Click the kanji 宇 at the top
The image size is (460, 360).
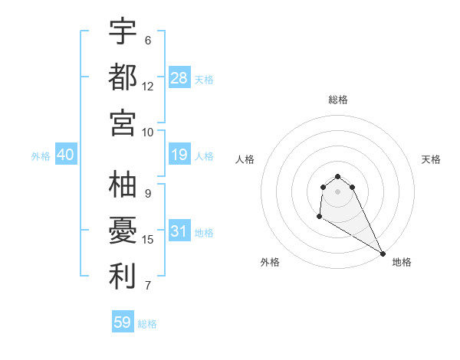point(123,32)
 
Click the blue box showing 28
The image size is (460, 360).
point(179,78)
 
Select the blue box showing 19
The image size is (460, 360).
point(179,155)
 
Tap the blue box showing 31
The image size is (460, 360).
point(179,232)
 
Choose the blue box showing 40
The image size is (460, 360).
point(65,155)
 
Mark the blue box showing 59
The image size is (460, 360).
point(123,322)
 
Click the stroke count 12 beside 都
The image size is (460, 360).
point(148,86)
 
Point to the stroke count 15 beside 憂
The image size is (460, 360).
point(148,240)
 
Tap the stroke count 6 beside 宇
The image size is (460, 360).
point(148,40)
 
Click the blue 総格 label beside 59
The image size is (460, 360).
point(147,324)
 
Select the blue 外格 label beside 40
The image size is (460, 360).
point(41,156)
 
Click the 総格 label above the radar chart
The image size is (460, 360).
point(338,100)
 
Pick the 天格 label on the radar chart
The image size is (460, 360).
point(432,159)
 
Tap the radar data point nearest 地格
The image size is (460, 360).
point(383,254)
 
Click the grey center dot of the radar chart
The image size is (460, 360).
point(337,191)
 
